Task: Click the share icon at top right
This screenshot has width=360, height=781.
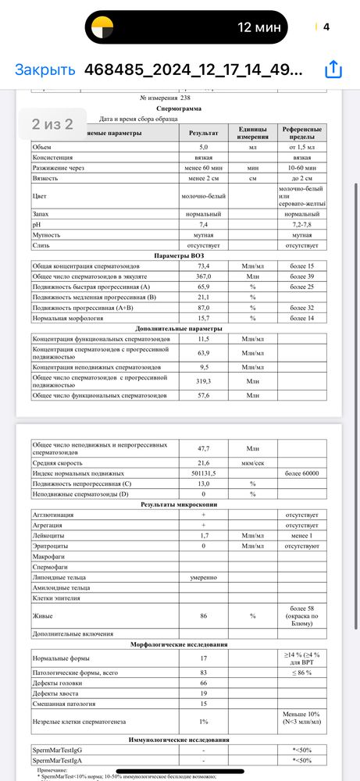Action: tap(333, 69)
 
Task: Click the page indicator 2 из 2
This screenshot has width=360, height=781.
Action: tap(52, 123)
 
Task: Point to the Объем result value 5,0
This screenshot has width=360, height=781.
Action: tap(203, 147)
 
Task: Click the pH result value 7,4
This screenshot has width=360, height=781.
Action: tap(203, 224)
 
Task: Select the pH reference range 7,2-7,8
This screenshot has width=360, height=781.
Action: tap(301, 224)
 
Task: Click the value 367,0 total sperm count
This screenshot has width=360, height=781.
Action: tap(203, 277)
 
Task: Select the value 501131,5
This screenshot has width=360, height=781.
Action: tap(203, 473)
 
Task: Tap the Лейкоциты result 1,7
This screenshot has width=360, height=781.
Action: tap(203, 536)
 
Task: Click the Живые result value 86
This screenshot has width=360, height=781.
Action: tap(203, 616)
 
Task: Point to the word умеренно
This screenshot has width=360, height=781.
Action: tap(203, 576)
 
